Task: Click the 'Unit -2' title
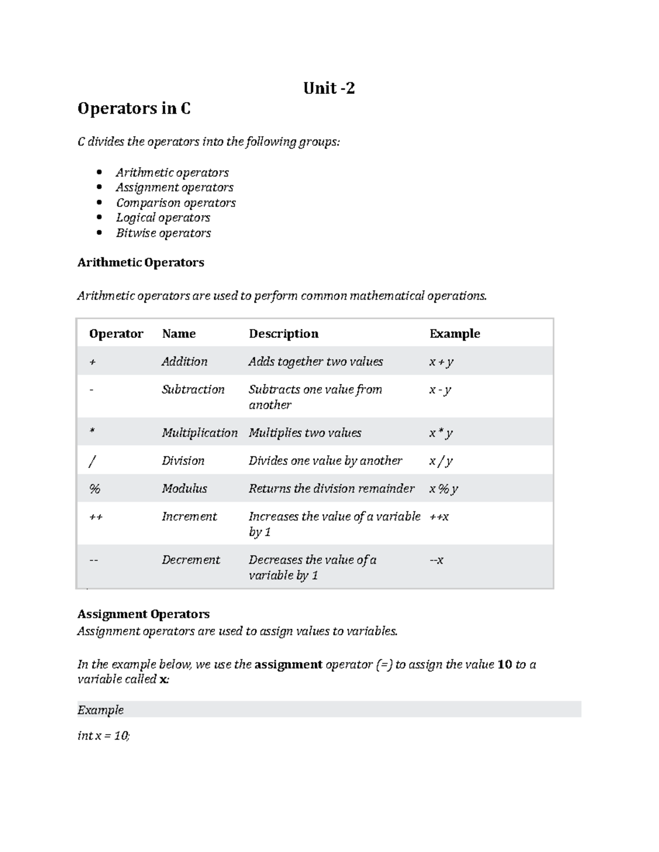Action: point(329,88)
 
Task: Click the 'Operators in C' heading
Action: point(134,109)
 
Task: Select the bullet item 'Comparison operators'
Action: point(176,203)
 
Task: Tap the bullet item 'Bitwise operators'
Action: point(163,233)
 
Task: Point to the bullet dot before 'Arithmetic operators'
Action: point(99,173)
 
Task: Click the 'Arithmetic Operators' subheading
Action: point(141,263)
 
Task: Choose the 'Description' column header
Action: point(283,334)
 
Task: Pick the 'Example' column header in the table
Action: point(454,334)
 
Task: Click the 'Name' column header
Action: point(178,334)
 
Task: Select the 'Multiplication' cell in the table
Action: point(199,433)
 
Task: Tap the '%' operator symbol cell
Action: point(94,489)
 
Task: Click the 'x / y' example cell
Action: point(440,461)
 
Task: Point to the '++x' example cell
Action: point(439,517)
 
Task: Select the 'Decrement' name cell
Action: point(191,560)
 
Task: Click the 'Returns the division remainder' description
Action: point(331,489)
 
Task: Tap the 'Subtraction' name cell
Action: point(193,390)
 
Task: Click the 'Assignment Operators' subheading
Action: point(143,614)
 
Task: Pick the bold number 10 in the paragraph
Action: point(504,665)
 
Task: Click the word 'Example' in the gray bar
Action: point(100,710)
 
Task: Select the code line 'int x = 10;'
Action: point(104,736)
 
